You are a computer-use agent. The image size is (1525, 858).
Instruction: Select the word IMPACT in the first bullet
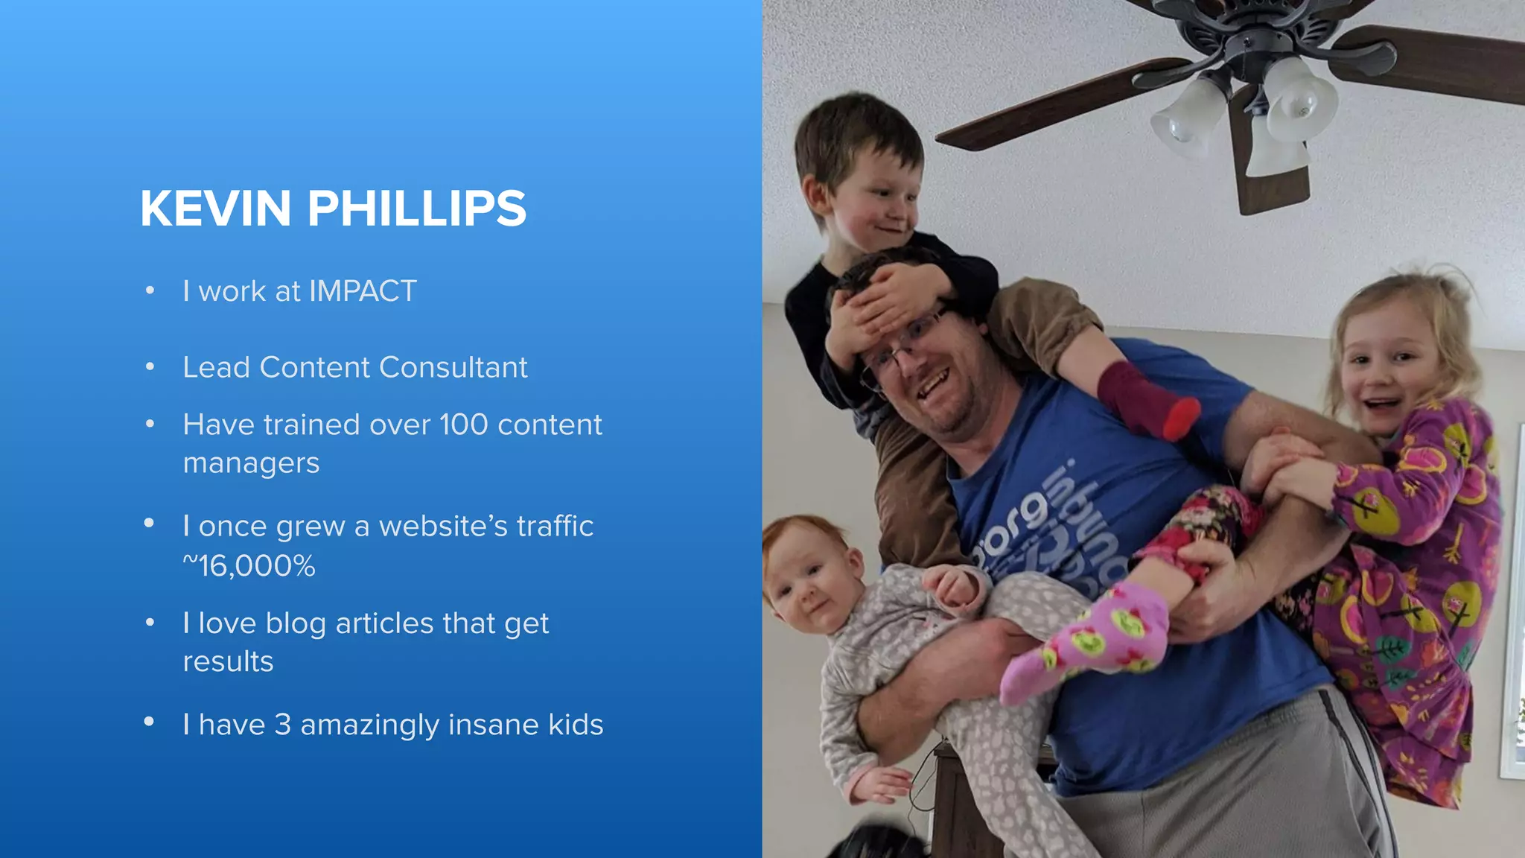363,291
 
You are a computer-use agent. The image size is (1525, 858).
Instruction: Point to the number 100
463,425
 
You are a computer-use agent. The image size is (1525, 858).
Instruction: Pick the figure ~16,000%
249,566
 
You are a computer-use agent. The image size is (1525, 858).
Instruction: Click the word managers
251,464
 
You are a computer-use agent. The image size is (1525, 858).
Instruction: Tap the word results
228,662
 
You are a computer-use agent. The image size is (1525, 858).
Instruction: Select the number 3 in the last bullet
282,725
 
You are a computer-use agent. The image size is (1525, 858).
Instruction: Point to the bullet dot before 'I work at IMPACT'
150,290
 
